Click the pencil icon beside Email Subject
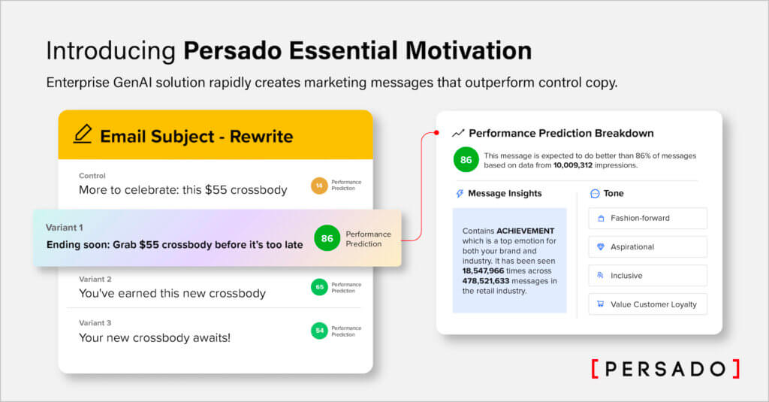coord(83,135)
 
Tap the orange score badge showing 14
coord(319,185)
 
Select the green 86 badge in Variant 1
coord(327,238)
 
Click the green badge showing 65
coord(319,287)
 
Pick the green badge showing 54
coord(319,330)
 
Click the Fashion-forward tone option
coord(647,219)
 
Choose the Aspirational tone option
coord(647,246)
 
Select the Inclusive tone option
coord(647,275)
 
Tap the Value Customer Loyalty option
coord(647,304)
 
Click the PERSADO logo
coord(665,368)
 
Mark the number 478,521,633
coord(492,280)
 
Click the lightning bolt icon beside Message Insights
coord(460,194)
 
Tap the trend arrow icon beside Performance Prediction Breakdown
coord(458,133)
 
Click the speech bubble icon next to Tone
coord(595,194)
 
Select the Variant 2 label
coord(95,279)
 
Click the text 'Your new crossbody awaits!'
coord(155,337)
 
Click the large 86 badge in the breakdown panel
coord(466,160)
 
